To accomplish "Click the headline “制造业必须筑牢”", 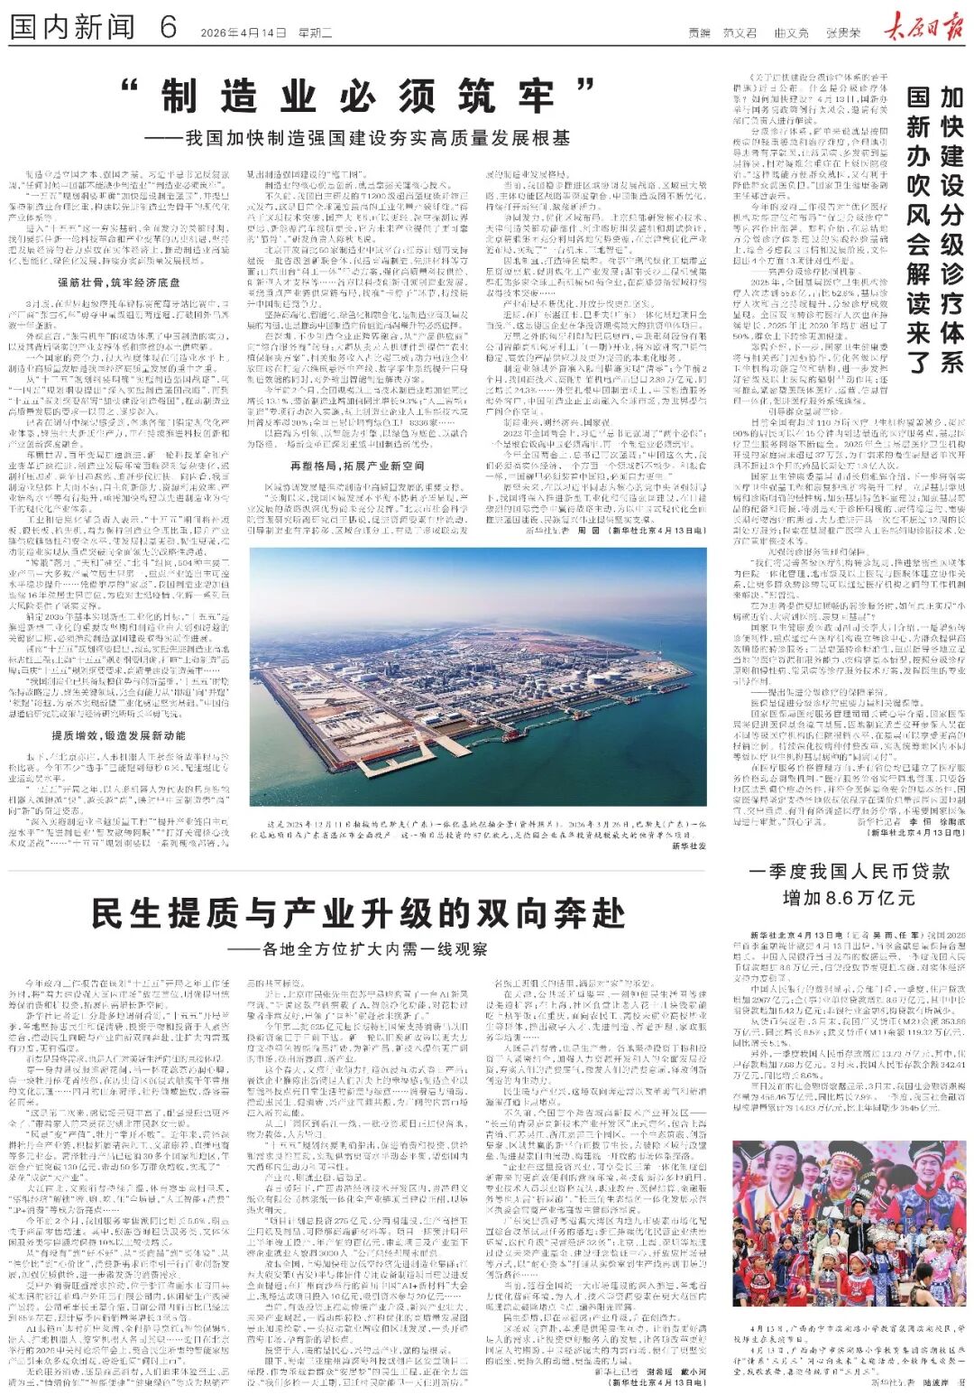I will click(x=358, y=97).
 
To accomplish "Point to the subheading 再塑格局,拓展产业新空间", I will click(x=356, y=466).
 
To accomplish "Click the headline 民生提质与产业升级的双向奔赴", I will click(x=358, y=913).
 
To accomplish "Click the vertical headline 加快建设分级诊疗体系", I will click(x=951, y=230).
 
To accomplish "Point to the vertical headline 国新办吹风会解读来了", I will click(x=918, y=230).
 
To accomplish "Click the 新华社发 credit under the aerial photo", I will click(x=689, y=846).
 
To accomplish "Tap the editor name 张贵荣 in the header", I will click(x=843, y=33).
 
